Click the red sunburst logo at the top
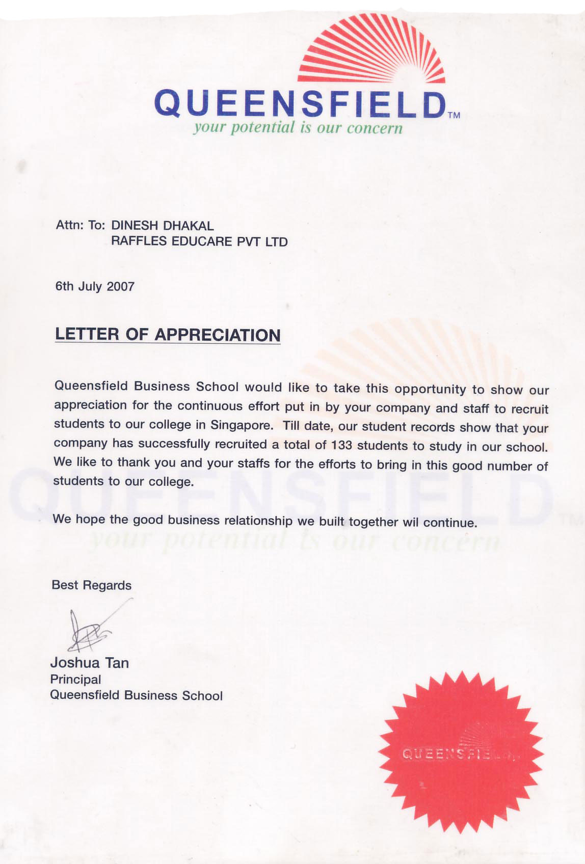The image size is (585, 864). [371, 51]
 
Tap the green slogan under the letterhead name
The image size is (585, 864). [298, 127]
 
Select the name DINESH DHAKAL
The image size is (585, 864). [163, 225]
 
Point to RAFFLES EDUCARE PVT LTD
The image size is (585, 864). [199, 241]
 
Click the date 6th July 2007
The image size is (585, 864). [95, 286]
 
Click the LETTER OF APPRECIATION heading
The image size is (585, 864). [168, 335]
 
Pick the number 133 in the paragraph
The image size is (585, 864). [341, 445]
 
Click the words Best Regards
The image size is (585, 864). [92, 585]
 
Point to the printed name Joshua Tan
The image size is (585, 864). [90, 663]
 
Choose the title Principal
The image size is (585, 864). [75, 679]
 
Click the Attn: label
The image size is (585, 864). [69, 225]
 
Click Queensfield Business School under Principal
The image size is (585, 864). [136, 695]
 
